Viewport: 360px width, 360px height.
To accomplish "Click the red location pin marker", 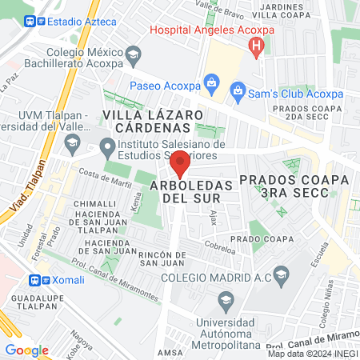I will click(181, 163).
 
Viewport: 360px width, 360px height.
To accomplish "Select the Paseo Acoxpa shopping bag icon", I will click(210, 81).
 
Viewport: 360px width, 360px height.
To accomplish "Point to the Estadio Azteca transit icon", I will click(30, 22).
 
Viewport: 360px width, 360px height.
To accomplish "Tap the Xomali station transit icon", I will click(34, 281).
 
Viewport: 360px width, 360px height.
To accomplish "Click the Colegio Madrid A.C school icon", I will click(281, 278).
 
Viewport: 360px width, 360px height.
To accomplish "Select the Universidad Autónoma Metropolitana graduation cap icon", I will click(225, 301).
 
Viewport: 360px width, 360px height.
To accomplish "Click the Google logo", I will click(27, 350).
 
